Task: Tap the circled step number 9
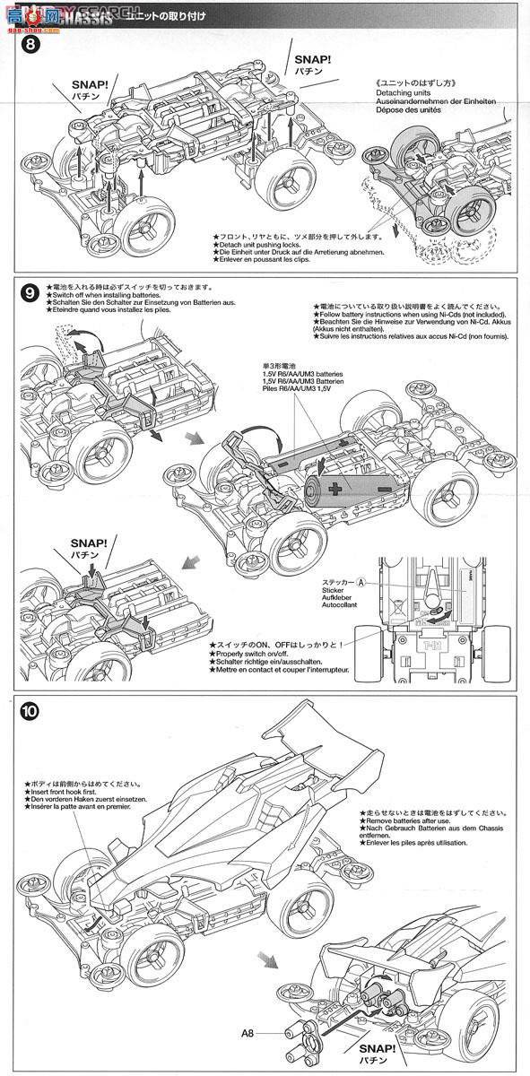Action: [29, 292]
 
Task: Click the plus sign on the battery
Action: [335, 490]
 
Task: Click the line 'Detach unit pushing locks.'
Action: [269, 245]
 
